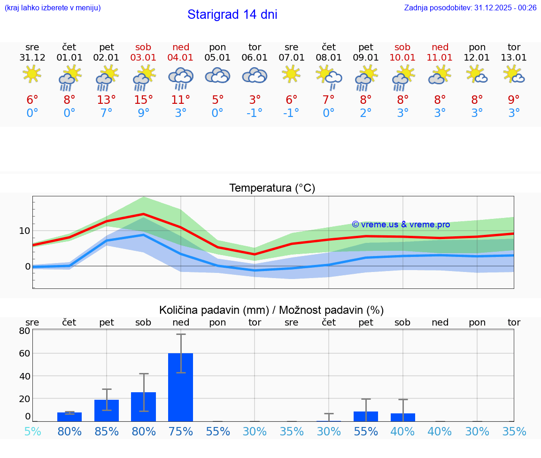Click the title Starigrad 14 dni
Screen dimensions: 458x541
232,15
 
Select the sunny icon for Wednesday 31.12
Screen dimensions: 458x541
32,74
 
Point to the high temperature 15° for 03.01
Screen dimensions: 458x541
144,100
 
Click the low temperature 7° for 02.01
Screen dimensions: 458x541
107,113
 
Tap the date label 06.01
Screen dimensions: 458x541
255,58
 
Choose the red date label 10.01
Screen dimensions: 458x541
402,58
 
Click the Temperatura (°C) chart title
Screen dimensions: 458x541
272,188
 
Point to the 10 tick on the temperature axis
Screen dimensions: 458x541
24,231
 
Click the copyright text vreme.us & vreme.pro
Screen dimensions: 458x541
401,225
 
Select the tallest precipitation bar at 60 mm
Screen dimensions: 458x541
181,387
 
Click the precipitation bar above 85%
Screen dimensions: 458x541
107,411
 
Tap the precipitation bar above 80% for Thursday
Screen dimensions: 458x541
70,417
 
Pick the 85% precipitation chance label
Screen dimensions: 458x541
107,431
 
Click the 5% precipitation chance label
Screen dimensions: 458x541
32,431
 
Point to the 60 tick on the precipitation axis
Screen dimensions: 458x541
24,353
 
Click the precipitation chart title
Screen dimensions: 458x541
271,310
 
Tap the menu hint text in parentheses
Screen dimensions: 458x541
52,8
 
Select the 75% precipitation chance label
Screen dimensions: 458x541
181,431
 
